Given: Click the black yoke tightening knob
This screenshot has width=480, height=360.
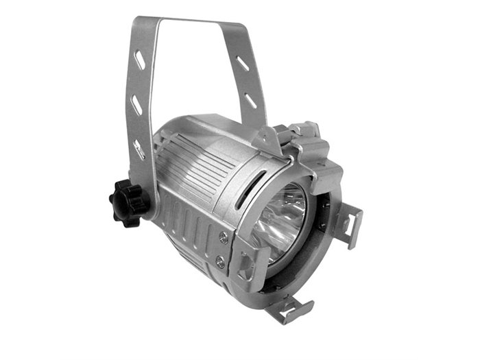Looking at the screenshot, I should pyautogui.click(x=128, y=201).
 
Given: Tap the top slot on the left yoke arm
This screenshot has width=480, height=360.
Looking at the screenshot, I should pyautogui.click(x=139, y=60).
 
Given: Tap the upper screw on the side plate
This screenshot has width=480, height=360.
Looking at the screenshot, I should pyautogui.click(x=224, y=237).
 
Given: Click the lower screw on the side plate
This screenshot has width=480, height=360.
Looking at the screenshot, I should pyautogui.click(x=219, y=261).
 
